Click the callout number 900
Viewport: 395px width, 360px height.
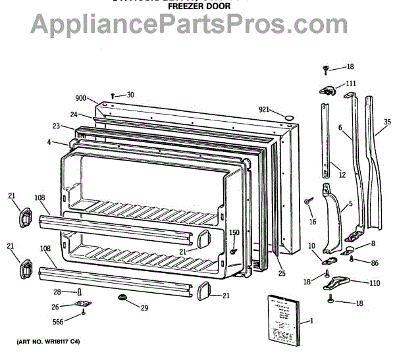(x=81, y=98)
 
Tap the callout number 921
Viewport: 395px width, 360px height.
(x=264, y=109)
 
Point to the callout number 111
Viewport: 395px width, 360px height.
(x=351, y=83)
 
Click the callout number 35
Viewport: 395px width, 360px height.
(x=387, y=122)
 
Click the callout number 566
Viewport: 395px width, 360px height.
(x=59, y=322)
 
